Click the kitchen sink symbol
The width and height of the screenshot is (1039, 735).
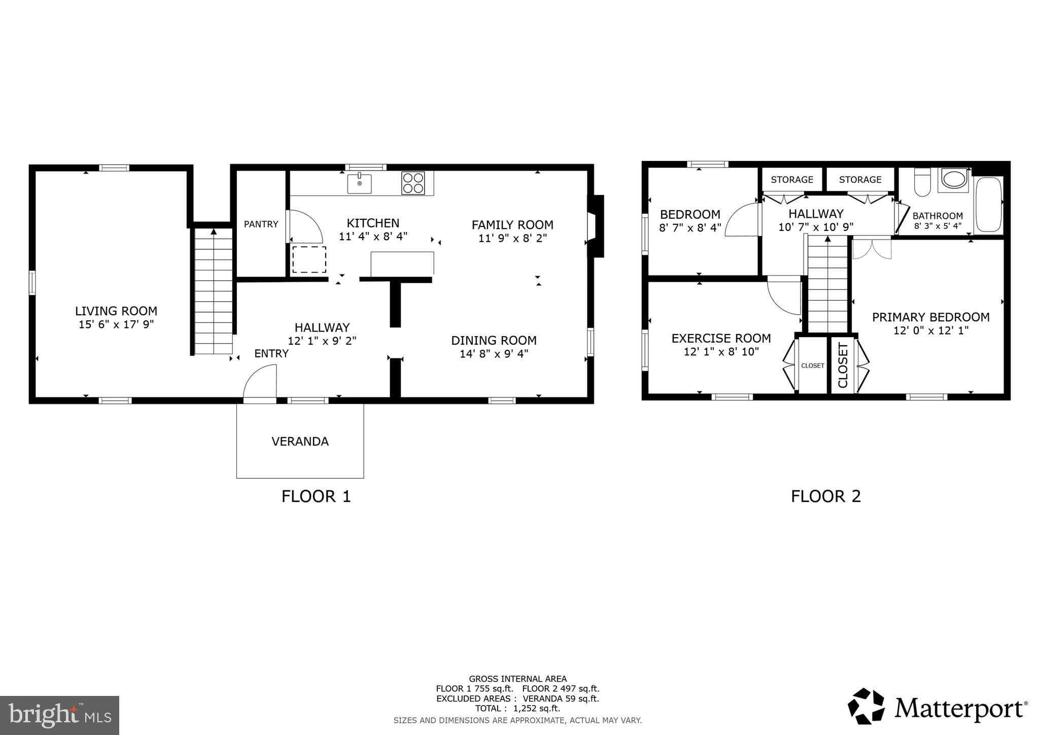point(359,183)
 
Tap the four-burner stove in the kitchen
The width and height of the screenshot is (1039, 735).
point(413,183)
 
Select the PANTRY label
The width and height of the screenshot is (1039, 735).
point(261,224)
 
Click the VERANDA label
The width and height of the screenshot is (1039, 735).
point(300,442)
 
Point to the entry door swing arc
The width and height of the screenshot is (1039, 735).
point(260,383)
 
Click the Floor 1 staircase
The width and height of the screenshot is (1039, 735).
point(214,292)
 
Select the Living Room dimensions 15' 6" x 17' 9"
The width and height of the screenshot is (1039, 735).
point(116,324)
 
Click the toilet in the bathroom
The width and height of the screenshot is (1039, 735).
point(922,184)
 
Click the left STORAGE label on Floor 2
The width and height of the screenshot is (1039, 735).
point(791,180)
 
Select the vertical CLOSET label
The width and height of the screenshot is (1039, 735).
point(843,365)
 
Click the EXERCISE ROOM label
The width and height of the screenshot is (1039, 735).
point(721,338)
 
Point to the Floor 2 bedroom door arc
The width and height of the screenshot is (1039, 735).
point(742,220)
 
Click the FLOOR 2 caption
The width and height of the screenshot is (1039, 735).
point(825,496)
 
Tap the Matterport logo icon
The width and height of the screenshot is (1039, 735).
point(866,706)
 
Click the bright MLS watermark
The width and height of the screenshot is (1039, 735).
point(59,715)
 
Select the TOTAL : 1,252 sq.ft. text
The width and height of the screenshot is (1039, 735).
point(517,708)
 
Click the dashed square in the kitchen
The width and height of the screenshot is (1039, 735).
point(309,259)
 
